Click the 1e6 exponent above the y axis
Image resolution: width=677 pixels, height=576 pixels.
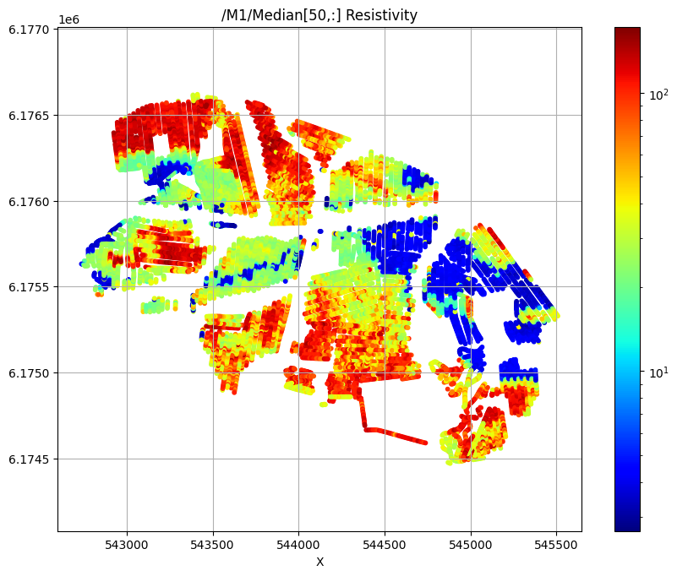click(68, 19)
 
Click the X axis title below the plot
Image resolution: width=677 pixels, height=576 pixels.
click(319, 562)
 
